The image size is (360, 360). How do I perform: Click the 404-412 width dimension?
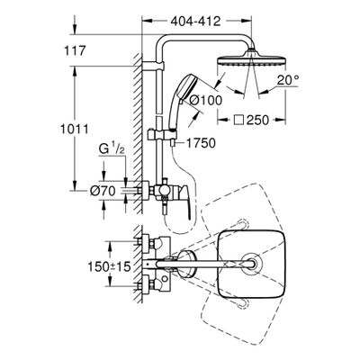point(195,22)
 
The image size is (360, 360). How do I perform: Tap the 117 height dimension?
point(75,50)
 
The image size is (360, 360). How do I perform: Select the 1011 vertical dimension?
point(75,130)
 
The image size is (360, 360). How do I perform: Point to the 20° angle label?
point(288,80)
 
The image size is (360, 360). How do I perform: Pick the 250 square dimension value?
point(257,121)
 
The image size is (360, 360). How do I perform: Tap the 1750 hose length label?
point(201,143)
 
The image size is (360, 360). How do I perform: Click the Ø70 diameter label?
point(103,191)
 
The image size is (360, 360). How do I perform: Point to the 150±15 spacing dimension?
point(109,266)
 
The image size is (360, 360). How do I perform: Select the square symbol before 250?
point(238,121)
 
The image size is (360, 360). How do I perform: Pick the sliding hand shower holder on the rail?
point(162,135)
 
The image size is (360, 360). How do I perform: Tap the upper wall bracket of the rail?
point(153,66)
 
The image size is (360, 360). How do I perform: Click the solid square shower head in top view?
point(250,264)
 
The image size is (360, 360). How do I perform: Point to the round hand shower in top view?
point(186,264)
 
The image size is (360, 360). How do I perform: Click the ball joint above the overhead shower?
point(251,51)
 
